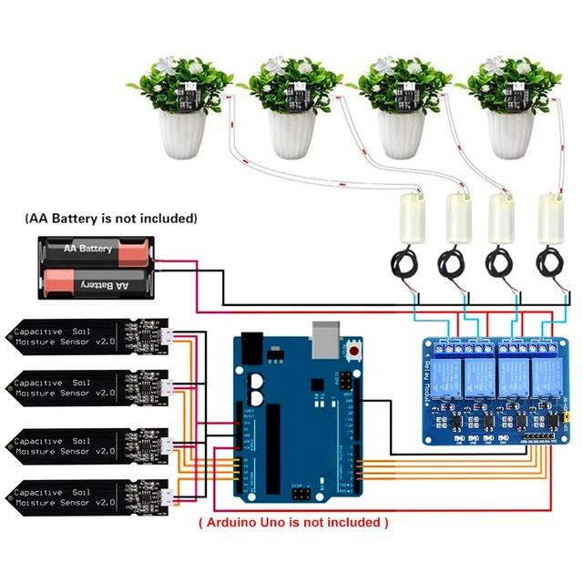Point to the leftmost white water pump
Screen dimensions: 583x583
[x=411, y=220]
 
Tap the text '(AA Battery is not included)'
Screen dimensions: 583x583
[x=111, y=219]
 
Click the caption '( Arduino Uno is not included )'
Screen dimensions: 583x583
[x=293, y=523]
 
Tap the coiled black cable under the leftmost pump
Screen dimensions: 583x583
[x=404, y=264]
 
